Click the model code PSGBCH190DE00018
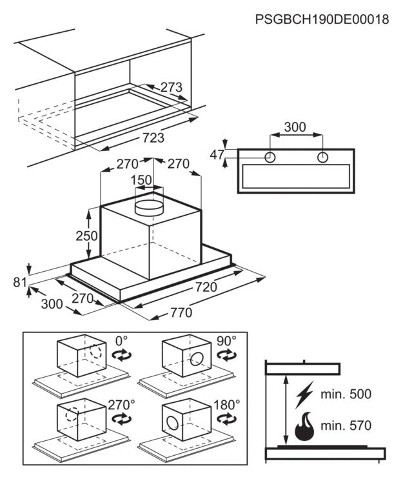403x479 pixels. click(x=322, y=19)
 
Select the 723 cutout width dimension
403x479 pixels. click(x=153, y=138)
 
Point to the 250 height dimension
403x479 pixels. click(x=86, y=236)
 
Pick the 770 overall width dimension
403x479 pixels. click(x=181, y=312)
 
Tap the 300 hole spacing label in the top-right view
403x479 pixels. click(x=295, y=127)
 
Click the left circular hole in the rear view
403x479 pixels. click(x=270, y=158)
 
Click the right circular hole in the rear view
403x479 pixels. click(x=322, y=158)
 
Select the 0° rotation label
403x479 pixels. click(x=121, y=340)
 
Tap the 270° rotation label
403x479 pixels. click(x=121, y=405)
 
